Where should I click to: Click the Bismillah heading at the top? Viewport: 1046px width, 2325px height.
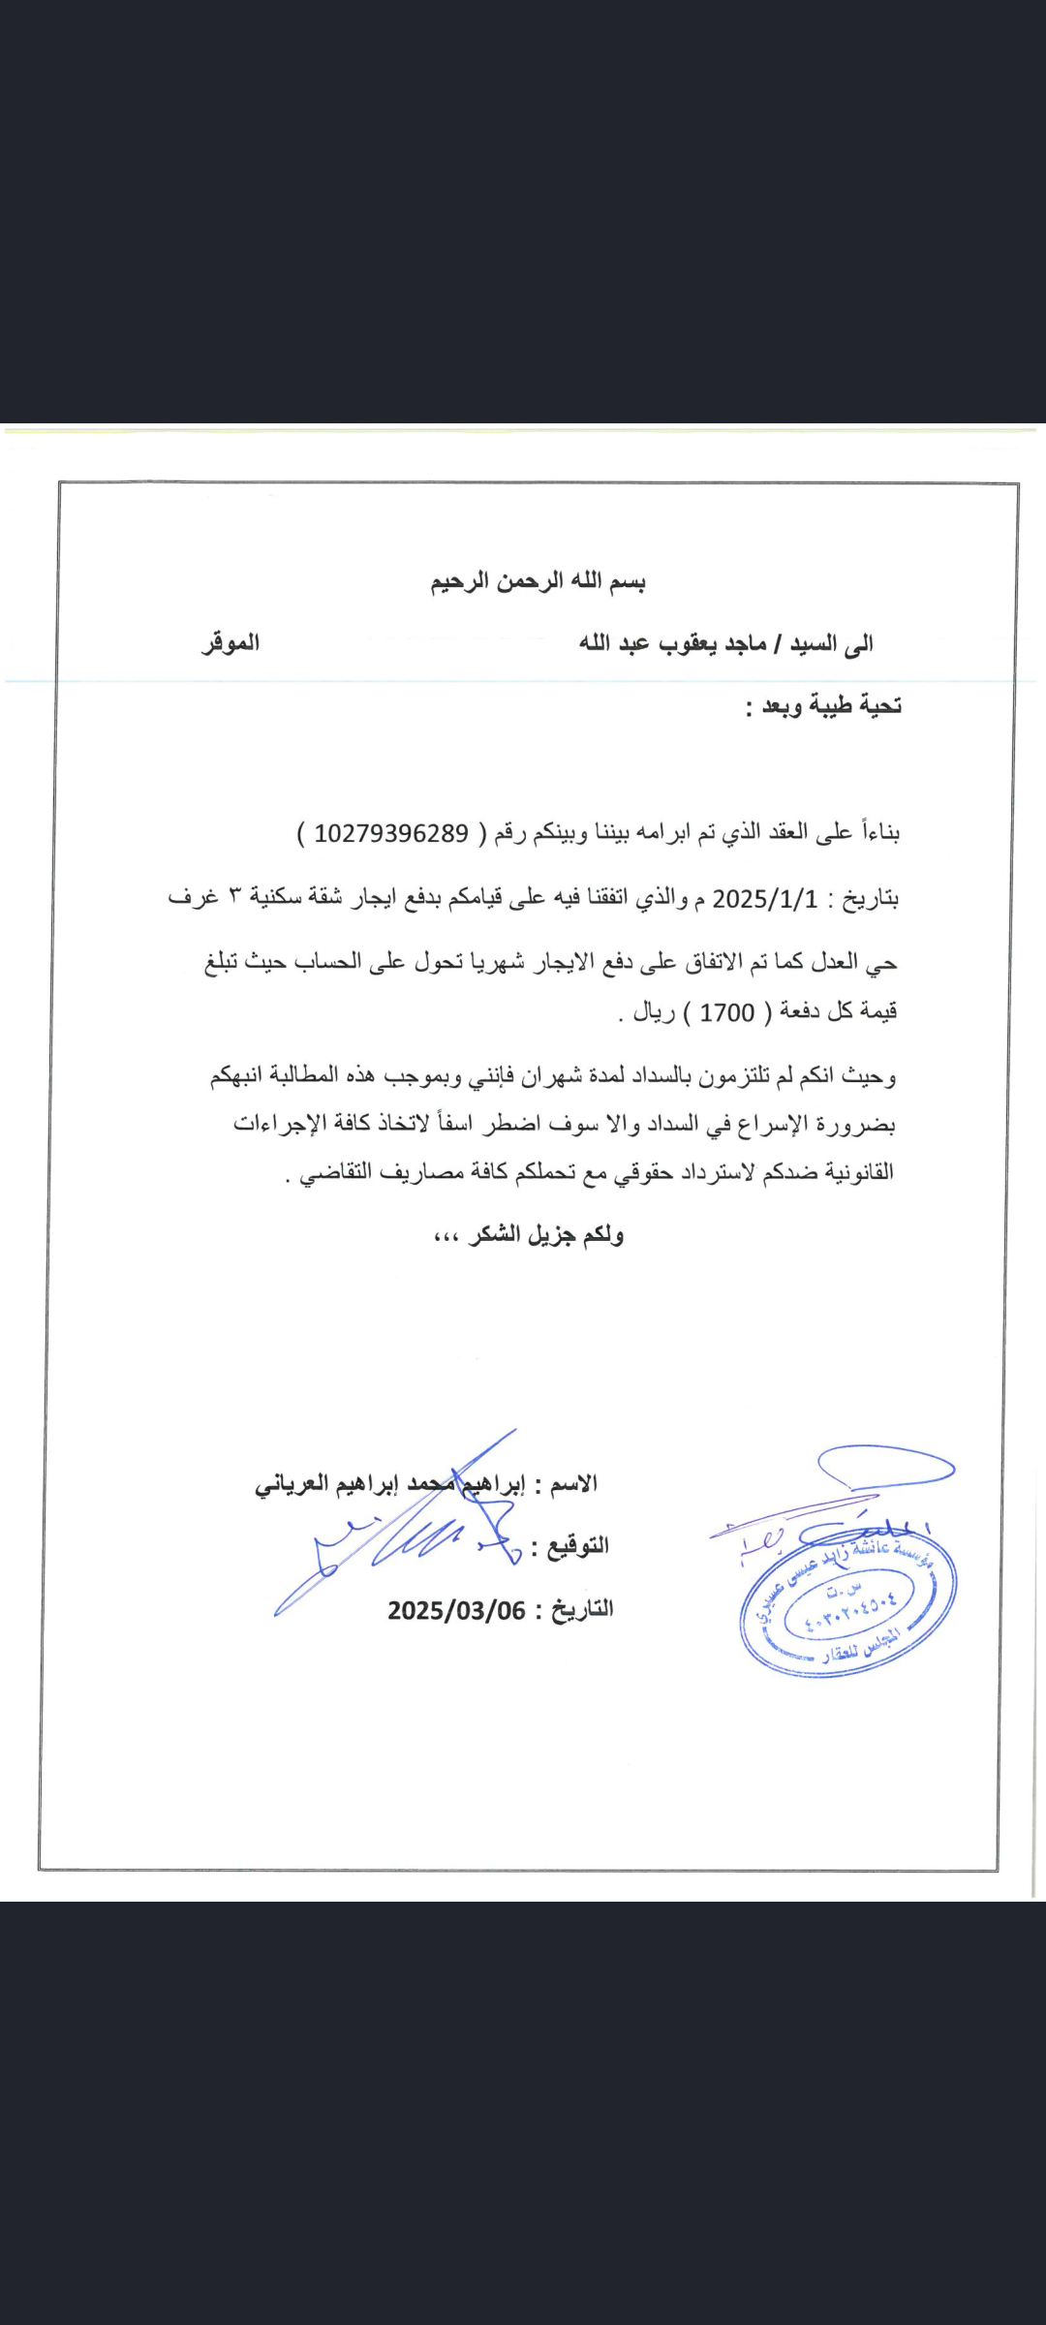coord(538,581)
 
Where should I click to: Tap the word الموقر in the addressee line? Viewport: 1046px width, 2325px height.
coord(231,642)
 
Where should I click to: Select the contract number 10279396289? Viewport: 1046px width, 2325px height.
coord(391,833)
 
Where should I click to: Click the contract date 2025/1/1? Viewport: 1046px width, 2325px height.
coord(765,899)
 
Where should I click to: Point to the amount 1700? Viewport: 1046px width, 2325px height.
coord(726,1012)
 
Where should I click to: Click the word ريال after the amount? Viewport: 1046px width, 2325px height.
coord(654,1012)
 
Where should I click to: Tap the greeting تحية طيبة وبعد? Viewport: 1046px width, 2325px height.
coord(831,706)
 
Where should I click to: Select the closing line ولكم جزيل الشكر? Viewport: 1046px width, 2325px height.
coord(547,1234)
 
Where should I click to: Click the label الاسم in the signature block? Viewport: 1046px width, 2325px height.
coord(574,1483)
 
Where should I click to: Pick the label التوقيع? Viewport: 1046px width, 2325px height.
coord(578,1545)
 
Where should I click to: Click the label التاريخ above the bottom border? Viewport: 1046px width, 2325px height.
coord(582,1609)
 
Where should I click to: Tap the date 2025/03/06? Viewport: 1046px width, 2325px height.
coord(456,1610)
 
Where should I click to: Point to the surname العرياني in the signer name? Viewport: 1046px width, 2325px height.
coord(292,1484)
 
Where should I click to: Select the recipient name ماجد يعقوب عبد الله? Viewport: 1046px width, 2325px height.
coord(673,643)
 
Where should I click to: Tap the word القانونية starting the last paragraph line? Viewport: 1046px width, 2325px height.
coord(857,1172)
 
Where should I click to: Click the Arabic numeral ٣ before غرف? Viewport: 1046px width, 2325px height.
coord(234,896)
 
